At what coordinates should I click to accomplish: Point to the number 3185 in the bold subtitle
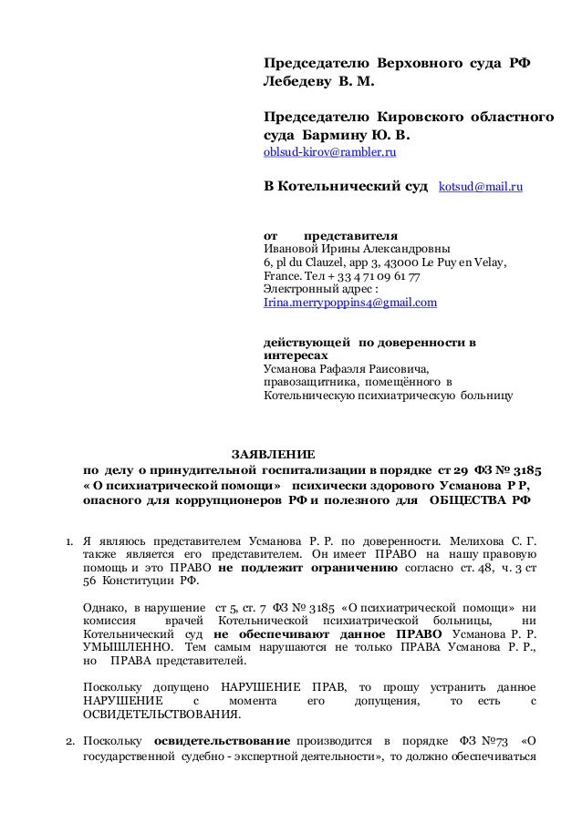click(x=524, y=470)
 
